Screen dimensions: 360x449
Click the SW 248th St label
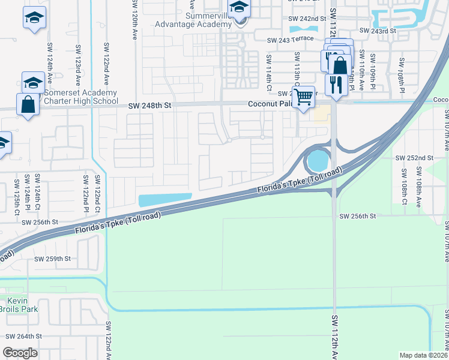coord(150,106)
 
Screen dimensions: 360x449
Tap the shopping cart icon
coord(304,95)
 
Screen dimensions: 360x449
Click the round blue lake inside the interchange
coord(318,161)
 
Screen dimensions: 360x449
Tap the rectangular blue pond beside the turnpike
coord(164,199)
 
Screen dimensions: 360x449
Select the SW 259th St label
coord(52,259)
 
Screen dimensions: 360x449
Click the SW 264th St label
coord(22,337)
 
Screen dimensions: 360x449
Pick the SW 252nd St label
coord(414,158)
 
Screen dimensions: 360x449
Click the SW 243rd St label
coord(378,31)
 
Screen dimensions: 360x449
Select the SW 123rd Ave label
coord(77,64)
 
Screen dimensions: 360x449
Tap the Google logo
coord(21,353)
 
